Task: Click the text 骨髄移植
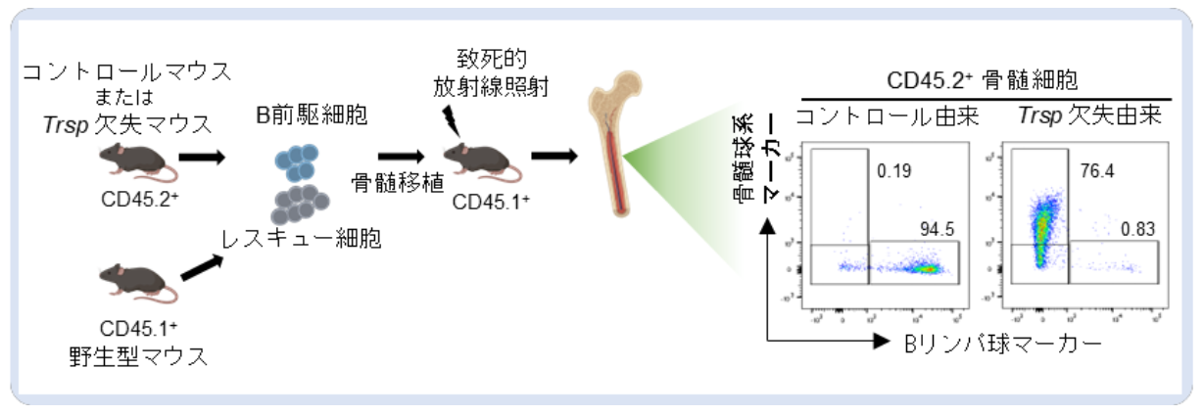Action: click(388, 182)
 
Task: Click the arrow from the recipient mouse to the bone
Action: click(554, 156)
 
